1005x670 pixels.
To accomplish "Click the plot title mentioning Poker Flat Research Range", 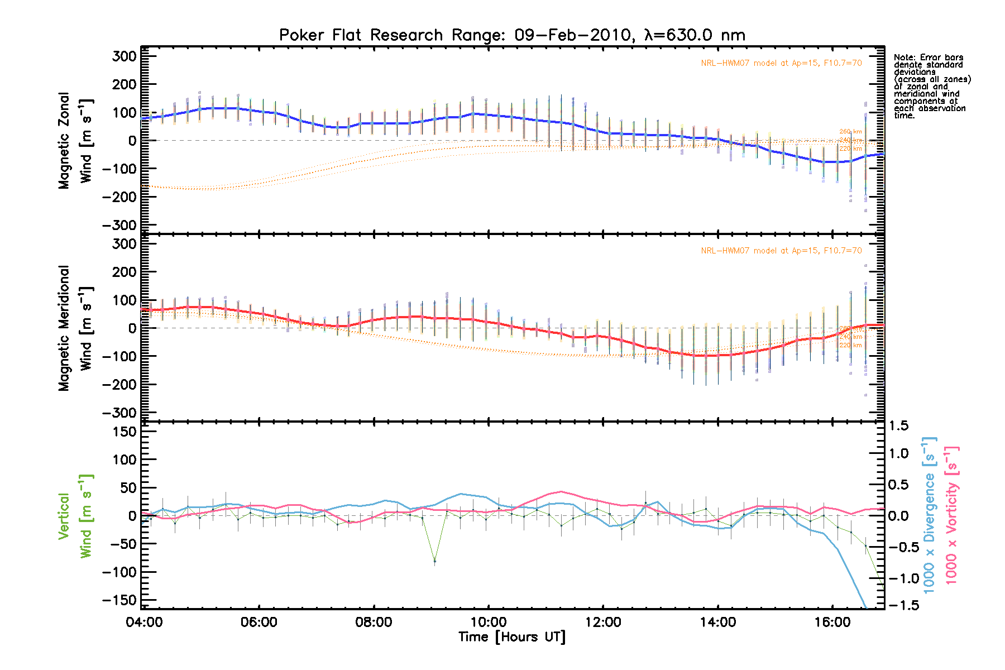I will [512, 35].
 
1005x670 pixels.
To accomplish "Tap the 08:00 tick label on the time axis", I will [374, 622].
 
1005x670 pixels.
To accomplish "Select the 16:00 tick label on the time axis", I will [832, 622].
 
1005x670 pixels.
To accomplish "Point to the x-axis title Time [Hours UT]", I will [512, 637].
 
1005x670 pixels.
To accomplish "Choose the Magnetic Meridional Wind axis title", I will [75, 328].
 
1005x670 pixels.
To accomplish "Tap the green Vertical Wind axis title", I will [75, 516].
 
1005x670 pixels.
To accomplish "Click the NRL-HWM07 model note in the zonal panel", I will [781, 63].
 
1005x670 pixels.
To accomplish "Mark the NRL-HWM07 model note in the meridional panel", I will [781, 251].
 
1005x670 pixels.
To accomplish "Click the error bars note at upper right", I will [932, 87].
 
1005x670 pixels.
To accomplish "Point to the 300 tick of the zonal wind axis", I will [124, 56].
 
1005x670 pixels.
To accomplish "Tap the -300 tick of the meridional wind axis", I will [119, 413].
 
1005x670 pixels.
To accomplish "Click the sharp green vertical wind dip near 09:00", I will [434, 561].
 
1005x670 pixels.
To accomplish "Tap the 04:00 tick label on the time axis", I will [144, 622].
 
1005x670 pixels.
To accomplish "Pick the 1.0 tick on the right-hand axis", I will [898, 453].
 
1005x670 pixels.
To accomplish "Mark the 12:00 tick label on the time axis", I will [603, 622].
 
